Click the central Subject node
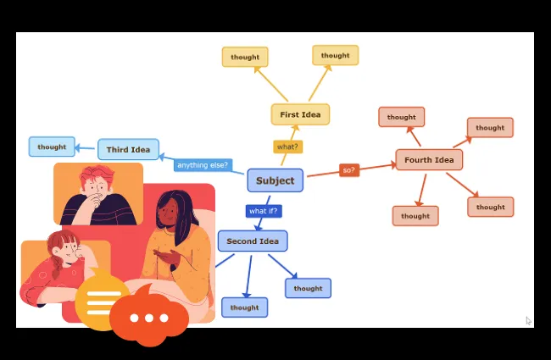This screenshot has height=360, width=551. pyautogui.click(x=275, y=180)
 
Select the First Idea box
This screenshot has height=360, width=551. pyautogui.click(x=300, y=114)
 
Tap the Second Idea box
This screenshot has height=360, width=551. pyautogui.click(x=253, y=241)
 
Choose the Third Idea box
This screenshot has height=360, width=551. pyautogui.click(x=128, y=150)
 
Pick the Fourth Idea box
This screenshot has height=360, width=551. pyautogui.click(x=429, y=160)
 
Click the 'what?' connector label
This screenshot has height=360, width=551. pyautogui.click(x=287, y=147)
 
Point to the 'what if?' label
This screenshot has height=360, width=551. pyautogui.click(x=263, y=211)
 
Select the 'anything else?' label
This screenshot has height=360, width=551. pyautogui.click(x=203, y=164)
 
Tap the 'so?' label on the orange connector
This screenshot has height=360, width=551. pyautogui.click(x=348, y=170)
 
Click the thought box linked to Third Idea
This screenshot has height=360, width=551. pyautogui.click(x=52, y=147)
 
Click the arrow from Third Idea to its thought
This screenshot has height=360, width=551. pyautogui.click(x=86, y=148)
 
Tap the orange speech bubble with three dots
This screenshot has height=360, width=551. pyautogui.click(x=149, y=318)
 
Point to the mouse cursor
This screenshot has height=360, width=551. pyautogui.click(x=528, y=320)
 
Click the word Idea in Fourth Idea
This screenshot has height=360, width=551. pyautogui.click(x=443, y=160)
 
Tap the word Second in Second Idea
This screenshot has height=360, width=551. pyautogui.click(x=241, y=241)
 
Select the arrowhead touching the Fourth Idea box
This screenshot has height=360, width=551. pyautogui.click(x=392, y=164)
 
